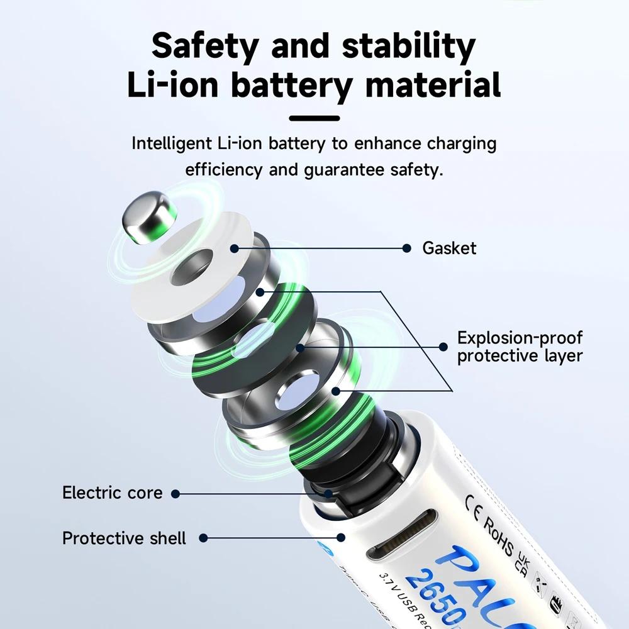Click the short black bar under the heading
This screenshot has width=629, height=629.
click(314, 118)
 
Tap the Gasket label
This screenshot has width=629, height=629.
click(449, 248)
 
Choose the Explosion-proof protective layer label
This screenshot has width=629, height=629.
click(520, 347)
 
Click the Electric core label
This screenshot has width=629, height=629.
click(112, 493)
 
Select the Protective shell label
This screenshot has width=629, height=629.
click(124, 538)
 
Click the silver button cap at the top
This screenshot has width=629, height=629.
click(148, 218)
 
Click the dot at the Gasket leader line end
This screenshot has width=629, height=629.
click(407, 248)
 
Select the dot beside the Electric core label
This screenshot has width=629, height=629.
click(175, 494)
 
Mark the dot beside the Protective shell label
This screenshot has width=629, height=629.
click(203, 538)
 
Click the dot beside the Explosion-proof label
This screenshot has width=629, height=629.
click(443, 347)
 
